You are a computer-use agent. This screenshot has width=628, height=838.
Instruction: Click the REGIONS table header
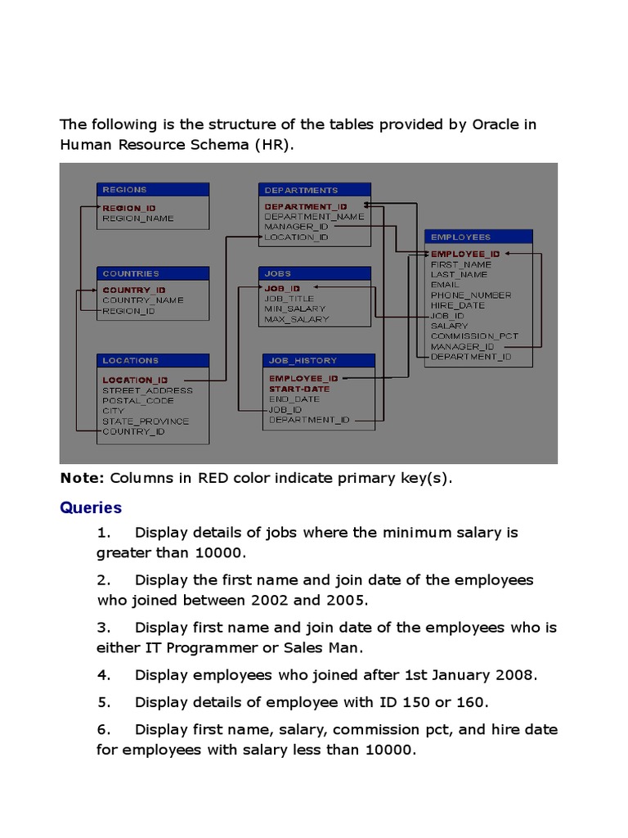click(x=152, y=190)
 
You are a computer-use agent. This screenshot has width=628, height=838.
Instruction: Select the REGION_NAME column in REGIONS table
click(x=138, y=219)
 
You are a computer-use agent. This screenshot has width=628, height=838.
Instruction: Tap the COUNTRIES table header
click(x=152, y=273)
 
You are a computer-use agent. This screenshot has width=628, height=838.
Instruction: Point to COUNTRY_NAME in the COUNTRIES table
click(x=143, y=300)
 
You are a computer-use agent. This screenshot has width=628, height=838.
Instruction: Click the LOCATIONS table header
click(x=152, y=360)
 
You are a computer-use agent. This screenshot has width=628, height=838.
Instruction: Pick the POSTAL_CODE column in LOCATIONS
click(x=138, y=401)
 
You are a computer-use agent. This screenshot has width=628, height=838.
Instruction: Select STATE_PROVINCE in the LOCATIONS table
click(x=146, y=421)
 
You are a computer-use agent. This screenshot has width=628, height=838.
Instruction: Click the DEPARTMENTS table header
click(x=315, y=190)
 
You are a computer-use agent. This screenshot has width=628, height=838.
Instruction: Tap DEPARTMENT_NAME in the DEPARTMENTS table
click(x=314, y=217)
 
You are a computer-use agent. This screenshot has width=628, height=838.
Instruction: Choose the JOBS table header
click(x=315, y=273)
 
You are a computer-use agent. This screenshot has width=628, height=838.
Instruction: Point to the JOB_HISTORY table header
click(x=320, y=360)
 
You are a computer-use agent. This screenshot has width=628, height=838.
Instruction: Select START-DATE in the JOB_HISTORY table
click(x=299, y=390)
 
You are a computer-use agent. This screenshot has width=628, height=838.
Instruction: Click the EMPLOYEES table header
click(x=478, y=237)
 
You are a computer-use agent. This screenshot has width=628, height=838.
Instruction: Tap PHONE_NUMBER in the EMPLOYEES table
click(x=471, y=295)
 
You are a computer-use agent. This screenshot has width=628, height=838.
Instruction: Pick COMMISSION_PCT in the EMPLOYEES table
click(x=474, y=336)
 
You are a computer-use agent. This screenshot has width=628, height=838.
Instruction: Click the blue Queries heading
click(x=91, y=508)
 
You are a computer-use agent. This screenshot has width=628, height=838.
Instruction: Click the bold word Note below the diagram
click(x=82, y=479)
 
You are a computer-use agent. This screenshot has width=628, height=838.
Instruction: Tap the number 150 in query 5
click(x=417, y=702)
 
